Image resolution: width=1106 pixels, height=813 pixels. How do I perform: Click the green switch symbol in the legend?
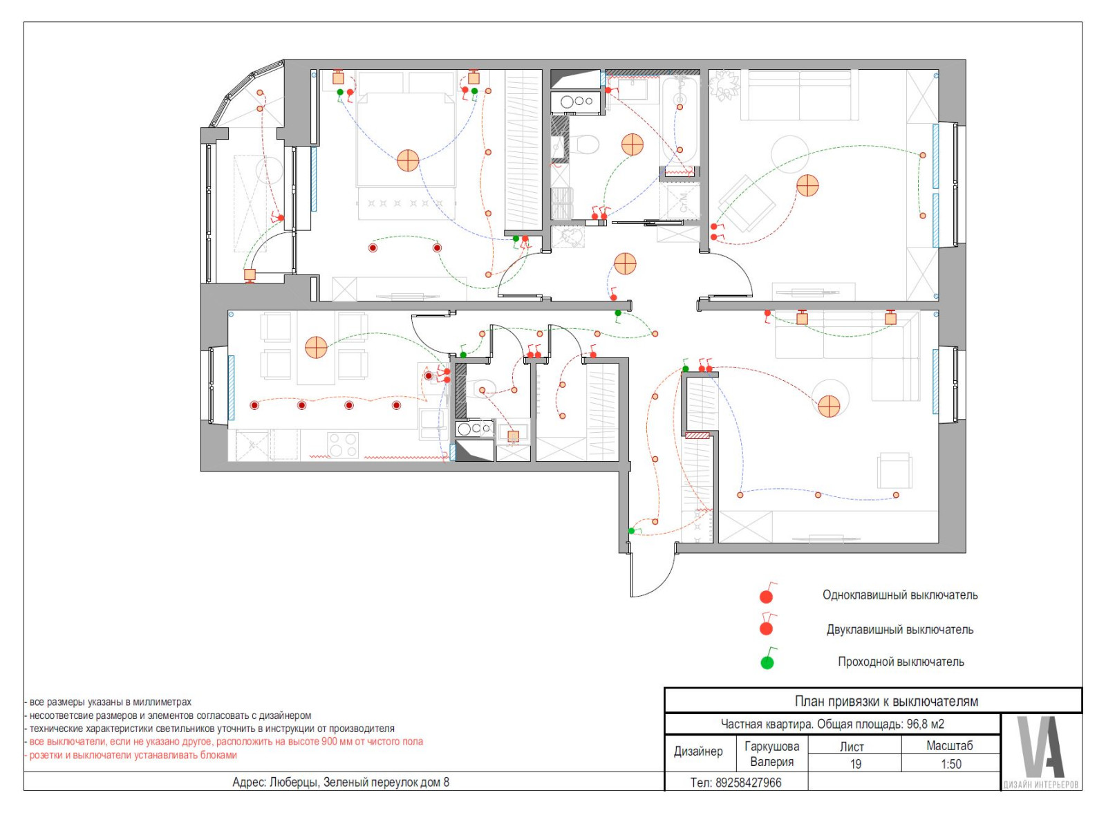coord(767,662)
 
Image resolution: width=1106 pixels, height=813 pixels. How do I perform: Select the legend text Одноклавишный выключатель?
coord(899,595)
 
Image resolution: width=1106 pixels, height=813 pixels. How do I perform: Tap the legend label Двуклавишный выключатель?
coord(899,630)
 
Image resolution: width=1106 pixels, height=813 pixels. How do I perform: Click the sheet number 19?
coord(855,764)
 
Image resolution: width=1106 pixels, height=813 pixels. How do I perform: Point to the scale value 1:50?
coord(951,764)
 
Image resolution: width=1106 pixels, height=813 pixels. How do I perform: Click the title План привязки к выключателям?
coord(886,701)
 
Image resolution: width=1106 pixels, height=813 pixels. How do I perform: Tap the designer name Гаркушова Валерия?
coord(771,754)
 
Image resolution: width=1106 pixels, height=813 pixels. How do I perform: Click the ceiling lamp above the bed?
coord(408,160)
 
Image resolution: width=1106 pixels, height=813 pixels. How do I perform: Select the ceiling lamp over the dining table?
coord(316,347)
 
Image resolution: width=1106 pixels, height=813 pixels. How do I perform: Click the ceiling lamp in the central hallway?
coord(625,263)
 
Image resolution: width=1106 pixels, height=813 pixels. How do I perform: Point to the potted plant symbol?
coord(724,85)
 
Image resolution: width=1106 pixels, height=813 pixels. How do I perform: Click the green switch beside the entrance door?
coord(631,530)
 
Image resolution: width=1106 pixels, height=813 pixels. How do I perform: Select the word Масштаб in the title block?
coord(950,746)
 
